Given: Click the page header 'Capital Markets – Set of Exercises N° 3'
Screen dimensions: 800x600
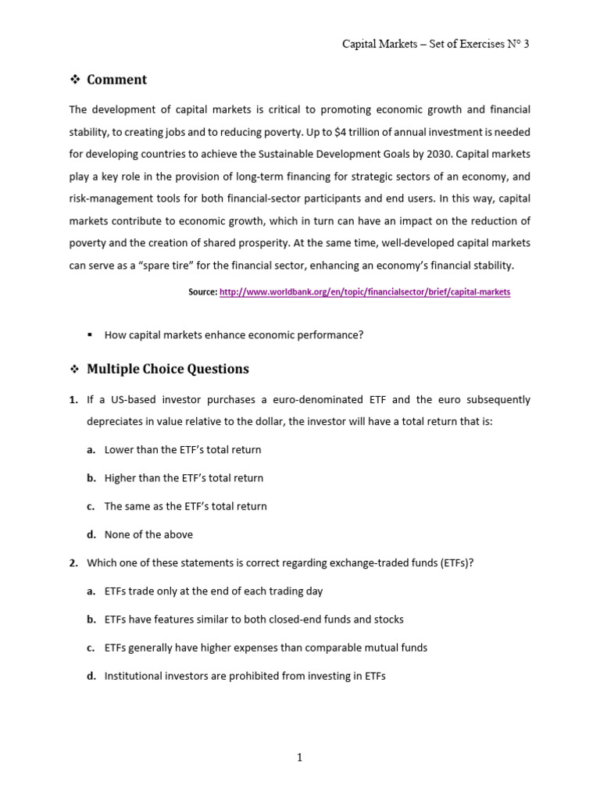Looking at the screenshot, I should (x=436, y=44).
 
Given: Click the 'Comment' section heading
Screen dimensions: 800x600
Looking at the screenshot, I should (x=116, y=80).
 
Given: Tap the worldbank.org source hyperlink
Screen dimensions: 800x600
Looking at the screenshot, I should (x=365, y=292).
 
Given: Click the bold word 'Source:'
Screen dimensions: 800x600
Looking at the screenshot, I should (x=203, y=292).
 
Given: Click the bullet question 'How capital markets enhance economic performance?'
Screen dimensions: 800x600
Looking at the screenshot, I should (x=234, y=335).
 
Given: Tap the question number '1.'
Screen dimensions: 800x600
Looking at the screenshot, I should (x=73, y=400).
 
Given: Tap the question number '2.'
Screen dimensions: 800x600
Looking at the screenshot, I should (x=73, y=563).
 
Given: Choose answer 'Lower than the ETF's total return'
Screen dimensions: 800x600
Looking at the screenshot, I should (x=183, y=450).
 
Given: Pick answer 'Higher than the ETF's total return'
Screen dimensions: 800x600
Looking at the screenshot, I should (x=184, y=478).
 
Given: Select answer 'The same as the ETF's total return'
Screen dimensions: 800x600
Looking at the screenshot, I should (x=185, y=506).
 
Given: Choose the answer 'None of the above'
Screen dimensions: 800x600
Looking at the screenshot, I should (x=148, y=535).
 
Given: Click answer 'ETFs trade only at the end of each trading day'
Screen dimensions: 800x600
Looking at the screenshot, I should (x=213, y=591).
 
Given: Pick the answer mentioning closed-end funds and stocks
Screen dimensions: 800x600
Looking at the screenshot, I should (x=254, y=620).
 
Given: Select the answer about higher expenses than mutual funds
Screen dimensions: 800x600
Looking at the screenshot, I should (x=266, y=648).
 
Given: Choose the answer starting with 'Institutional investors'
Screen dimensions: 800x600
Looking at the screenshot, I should (x=245, y=676).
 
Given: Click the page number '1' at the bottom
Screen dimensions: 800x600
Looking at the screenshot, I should (x=300, y=757).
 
